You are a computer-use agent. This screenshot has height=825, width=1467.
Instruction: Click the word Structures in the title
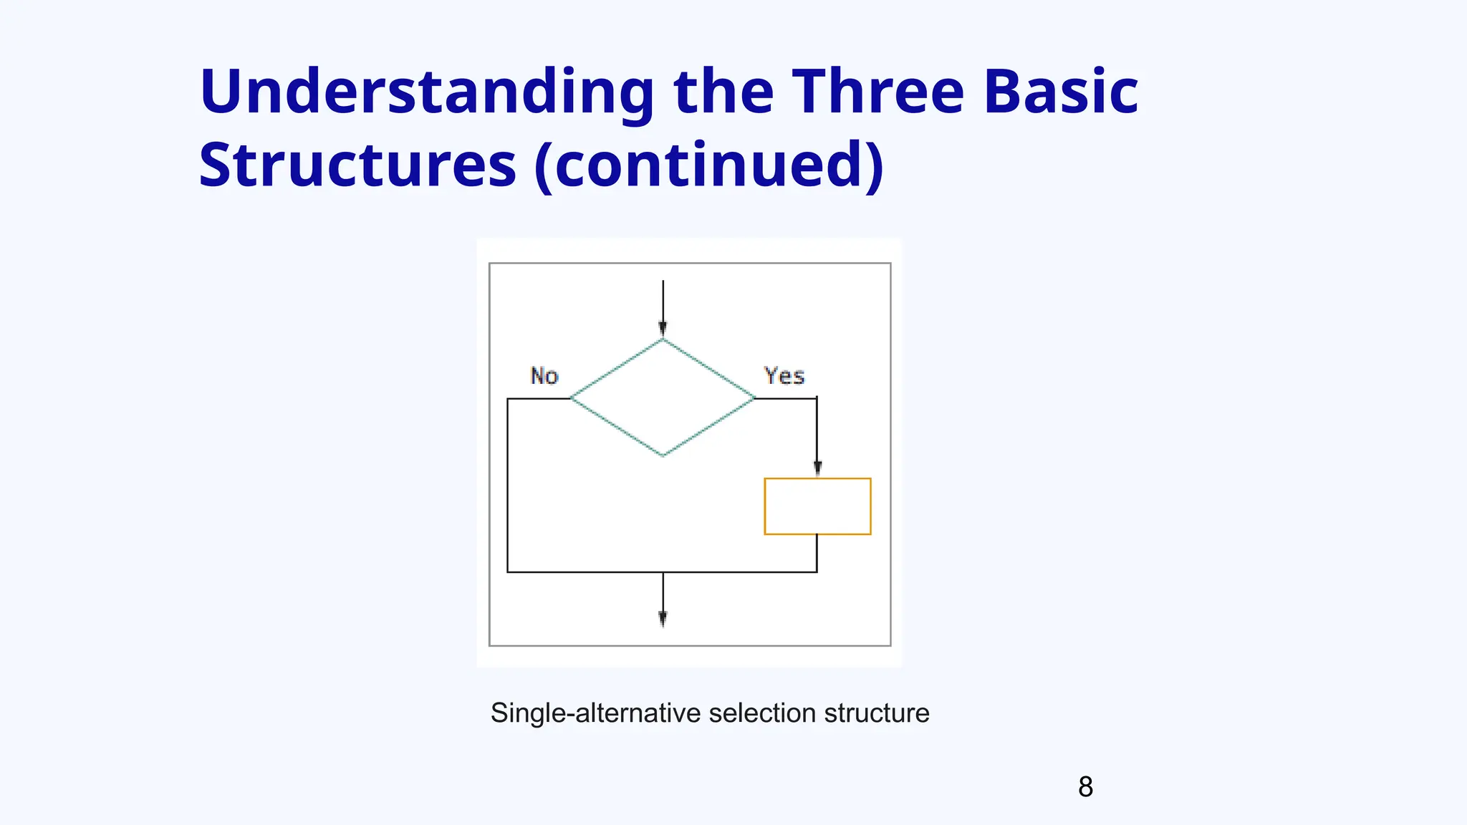[x=357, y=166]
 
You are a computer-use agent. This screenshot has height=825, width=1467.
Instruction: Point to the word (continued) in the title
[x=709, y=166]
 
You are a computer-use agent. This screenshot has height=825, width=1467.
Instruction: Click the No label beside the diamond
[x=544, y=376]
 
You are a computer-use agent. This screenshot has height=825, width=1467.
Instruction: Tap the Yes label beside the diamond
[x=784, y=376]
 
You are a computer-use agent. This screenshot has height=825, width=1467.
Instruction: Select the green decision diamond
[x=663, y=397]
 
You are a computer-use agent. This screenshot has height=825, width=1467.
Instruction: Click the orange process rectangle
[x=817, y=506]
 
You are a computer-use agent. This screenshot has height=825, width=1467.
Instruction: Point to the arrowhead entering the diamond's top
[x=663, y=329]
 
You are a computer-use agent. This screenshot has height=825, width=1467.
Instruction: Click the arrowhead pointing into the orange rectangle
[x=817, y=468]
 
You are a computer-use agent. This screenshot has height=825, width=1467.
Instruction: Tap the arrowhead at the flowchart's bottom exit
[x=663, y=619]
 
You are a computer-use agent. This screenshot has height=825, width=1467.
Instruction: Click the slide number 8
[x=1085, y=787]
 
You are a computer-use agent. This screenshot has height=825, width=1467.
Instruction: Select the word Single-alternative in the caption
[x=595, y=713]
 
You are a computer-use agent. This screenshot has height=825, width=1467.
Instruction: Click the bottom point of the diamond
[x=663, y=455]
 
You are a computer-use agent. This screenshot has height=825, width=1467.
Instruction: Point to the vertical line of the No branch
[x=508, y=487]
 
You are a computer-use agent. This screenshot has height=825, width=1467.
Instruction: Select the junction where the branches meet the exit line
[x=663, y=572]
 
